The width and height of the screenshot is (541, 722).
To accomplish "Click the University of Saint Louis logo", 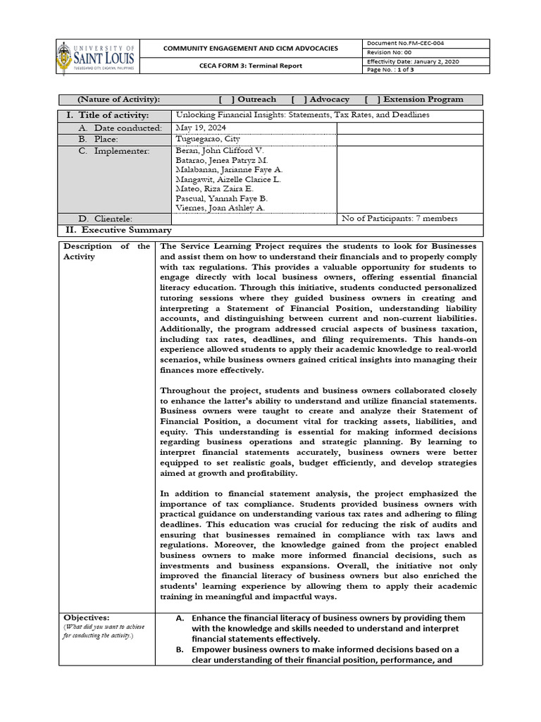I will pyautogui.click(x=96, y=57).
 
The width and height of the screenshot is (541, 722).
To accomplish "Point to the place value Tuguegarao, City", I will pyautogui.click(x=209, y=139).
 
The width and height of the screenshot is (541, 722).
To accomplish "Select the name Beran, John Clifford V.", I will pyautogui.click(x=220, y=151).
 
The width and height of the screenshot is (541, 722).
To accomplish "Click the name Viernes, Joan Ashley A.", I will pyautogui.click(x=220, y=208).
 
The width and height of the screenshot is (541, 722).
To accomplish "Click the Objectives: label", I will pyautogui.click(x=86, y=617).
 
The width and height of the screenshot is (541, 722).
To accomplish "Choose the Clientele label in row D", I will pyautogui.click(x=109, y=219).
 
